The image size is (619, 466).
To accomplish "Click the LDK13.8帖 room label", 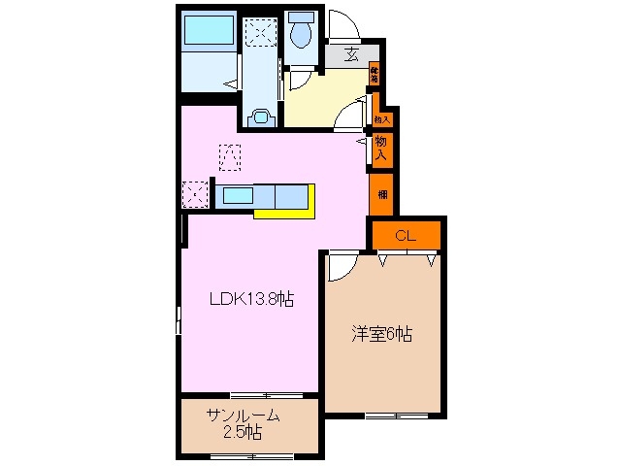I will (252, 300).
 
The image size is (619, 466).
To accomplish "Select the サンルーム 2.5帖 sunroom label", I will (244, 423).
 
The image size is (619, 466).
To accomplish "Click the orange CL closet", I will (406, 234).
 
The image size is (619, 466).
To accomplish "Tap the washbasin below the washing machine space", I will (260, 116).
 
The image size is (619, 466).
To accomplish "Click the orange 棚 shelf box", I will (380, 192).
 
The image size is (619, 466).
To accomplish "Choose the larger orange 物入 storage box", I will (381, 149).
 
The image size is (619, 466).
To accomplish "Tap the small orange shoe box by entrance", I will (374, 73).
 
